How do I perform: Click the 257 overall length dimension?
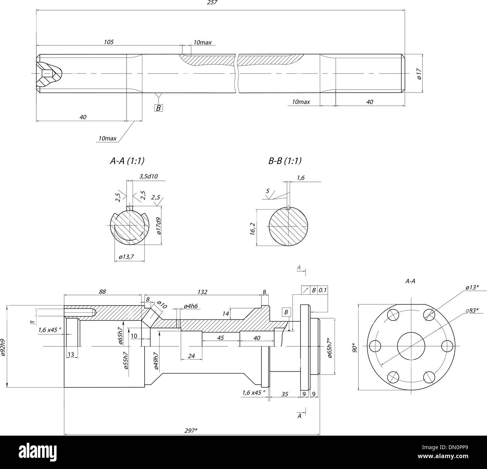(x=212, y=3)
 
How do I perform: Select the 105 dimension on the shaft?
(x=109, y=42)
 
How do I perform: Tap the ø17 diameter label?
(x=420, y=74)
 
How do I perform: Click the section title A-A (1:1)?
(x=127, y=161)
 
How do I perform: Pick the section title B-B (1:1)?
(x=285, y=161)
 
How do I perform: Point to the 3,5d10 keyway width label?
(x=149, y=177)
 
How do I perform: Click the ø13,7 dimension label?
(x=127, y=257)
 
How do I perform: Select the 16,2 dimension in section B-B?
(x=252, y=229)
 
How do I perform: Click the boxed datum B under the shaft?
(x=158, y=108)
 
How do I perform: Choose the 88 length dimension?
(x=102, y=291)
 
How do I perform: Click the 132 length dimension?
(x=202, y=292)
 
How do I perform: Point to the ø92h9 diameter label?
(x=3, y=347)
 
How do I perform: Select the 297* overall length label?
(x=191, y=430)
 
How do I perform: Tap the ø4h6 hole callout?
(x=191, y=306)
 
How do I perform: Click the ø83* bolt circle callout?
(x=472, y=310)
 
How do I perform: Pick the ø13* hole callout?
(x=472, y=287)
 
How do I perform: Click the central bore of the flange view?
(x=411, y=346)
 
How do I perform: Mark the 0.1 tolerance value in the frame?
(x=323, y=290)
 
